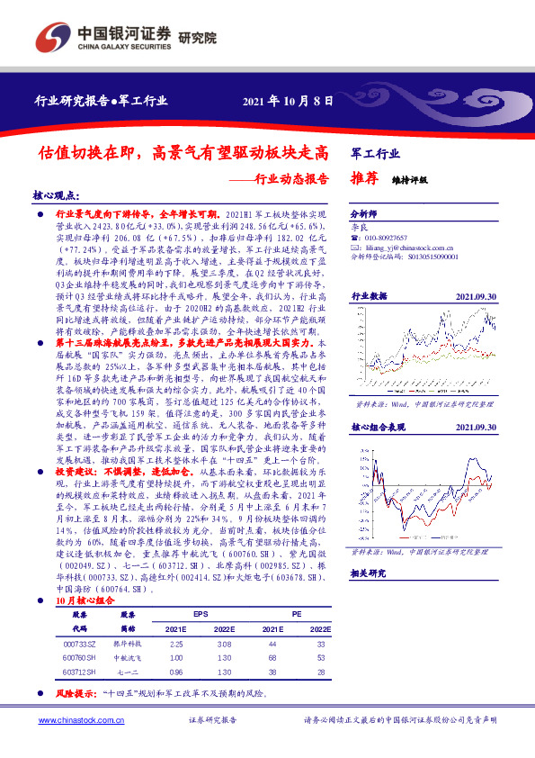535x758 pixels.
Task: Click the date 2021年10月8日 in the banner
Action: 287,99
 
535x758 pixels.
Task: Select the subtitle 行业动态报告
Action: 286,177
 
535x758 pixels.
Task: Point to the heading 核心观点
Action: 57,195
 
